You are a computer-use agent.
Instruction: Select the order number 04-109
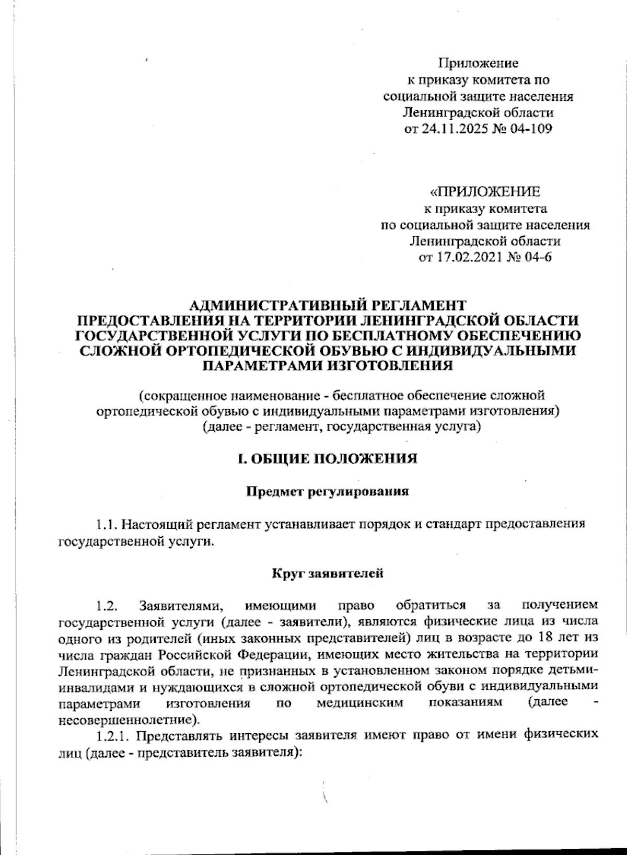coord(531,129)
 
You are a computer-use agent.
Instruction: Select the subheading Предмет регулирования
coord(327,492)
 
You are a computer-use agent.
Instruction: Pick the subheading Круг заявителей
coord(328,573)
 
